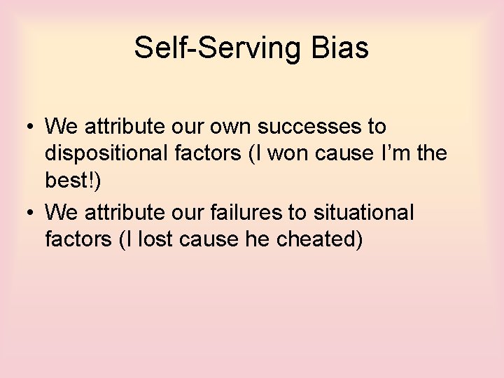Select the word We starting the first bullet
[x=61, y=127]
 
